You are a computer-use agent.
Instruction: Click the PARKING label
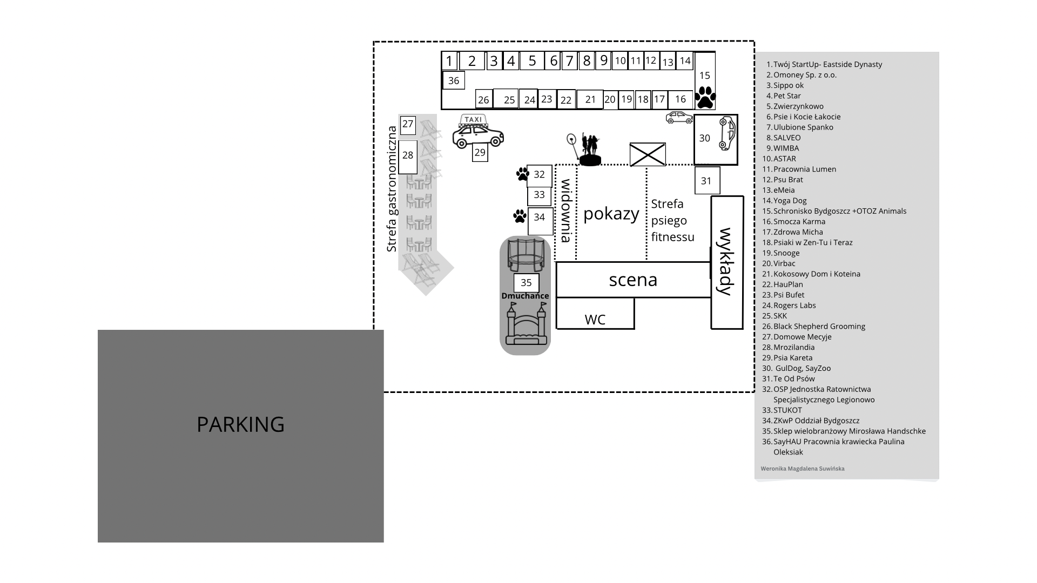pos(240,424)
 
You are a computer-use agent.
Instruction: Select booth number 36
pos(454,80)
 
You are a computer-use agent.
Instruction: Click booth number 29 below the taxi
pos(480,153)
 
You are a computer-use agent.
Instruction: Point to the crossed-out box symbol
pos(648,154)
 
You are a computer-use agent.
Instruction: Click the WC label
pos(595,320)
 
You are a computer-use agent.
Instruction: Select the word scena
pos(633,280)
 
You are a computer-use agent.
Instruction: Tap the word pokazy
pos(611,214)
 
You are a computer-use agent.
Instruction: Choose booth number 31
pos(707,180)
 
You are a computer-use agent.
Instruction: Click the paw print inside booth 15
pos(705,98)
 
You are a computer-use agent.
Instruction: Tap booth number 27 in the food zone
pos(408,124)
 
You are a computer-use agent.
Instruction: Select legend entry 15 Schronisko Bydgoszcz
pos(834,211)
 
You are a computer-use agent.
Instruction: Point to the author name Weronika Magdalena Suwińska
pos(803,469)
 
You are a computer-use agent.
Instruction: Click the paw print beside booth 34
pos(520,216)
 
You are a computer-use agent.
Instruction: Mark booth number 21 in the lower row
pos(590,99)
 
